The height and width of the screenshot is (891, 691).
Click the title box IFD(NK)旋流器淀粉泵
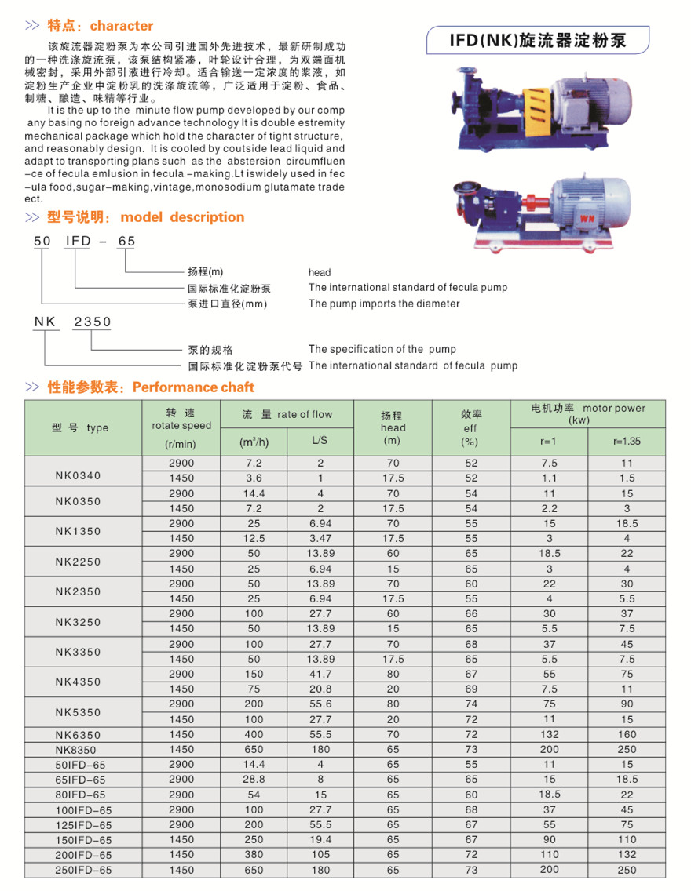coord(538,40)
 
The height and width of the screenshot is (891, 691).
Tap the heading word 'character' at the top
coord(122,26)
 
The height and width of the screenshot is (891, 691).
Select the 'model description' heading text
coord(182,217)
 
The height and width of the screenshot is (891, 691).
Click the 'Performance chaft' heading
coord(193,387)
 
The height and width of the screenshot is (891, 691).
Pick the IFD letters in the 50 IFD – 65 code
coord(79,242)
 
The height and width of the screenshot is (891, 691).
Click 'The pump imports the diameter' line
coord(384,304)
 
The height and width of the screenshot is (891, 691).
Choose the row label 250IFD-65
coord(83,870)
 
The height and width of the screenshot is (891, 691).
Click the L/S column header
coord(320,441)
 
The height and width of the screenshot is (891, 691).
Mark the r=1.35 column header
coord(627,441)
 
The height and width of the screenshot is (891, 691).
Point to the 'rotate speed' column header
coord(181,426)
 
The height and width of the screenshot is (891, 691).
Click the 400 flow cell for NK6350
coord(255,735)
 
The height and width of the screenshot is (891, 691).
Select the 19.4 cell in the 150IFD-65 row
coord(320,840)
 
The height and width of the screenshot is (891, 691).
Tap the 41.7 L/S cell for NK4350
coord(320,675)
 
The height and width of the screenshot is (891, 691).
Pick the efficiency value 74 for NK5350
coord(471,704)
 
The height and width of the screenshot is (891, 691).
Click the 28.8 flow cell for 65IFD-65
coord(255,780)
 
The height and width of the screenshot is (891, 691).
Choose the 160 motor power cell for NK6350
coord(627,735)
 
